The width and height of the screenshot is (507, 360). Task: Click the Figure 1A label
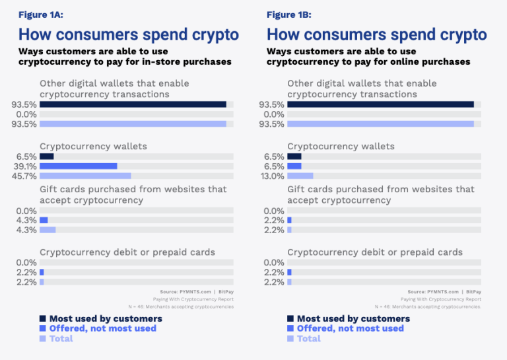[41, 15]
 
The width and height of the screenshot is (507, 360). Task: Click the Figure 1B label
[288, 15]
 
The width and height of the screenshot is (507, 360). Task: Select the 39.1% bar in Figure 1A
[78, 166]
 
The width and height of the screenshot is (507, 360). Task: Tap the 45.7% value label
[25, 176]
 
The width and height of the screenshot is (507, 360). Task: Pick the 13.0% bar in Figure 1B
[300, 176]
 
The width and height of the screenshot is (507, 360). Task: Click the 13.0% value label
[273, 176]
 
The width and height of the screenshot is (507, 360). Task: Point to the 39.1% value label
[25, 166]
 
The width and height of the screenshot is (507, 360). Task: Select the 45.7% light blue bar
[85, 176]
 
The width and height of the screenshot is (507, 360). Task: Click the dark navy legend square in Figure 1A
[42, 318]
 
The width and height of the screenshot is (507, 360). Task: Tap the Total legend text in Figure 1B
[308, 338]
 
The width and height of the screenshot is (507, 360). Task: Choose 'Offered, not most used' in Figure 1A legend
[102, 328]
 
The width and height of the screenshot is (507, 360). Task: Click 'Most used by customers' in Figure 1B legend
[353, 318]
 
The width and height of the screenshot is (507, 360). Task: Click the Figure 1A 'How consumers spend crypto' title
[129, 34]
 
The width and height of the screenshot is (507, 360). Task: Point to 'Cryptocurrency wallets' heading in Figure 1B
[341, 146]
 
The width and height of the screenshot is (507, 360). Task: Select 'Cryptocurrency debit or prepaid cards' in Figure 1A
[127, 252]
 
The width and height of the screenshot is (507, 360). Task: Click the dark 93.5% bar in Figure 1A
[133, 104]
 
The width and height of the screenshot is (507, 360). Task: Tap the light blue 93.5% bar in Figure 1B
[380, 124]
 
